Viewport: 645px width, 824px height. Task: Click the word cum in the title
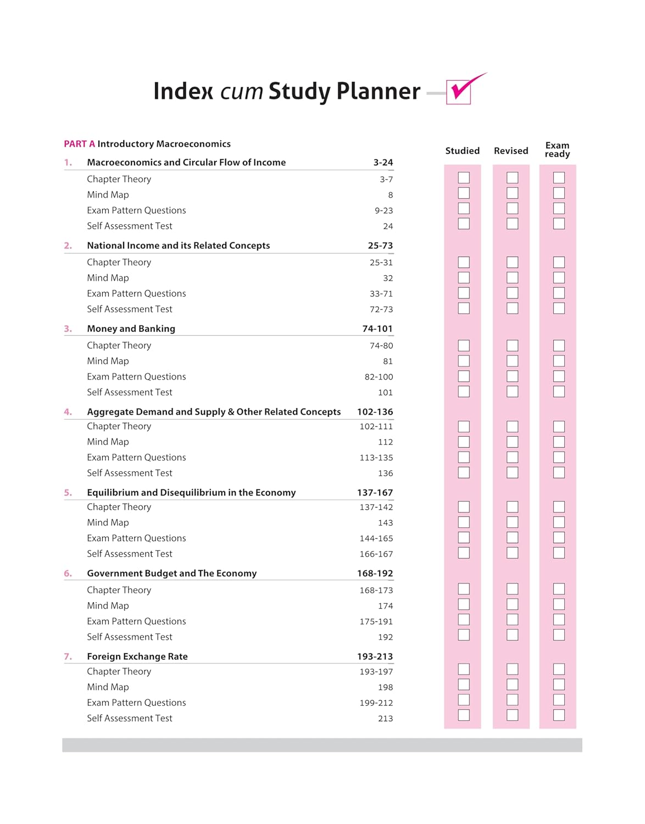241,92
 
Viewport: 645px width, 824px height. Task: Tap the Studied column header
462,151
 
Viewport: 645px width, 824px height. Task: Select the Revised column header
510,151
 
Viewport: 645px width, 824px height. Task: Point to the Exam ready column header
557,149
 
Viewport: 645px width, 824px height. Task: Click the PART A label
79,144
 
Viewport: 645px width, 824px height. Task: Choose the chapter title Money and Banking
131,329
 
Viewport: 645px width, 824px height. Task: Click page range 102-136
375,411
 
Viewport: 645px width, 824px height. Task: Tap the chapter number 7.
68,656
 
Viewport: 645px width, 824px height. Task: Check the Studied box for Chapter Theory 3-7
464,177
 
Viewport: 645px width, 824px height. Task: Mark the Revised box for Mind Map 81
512,361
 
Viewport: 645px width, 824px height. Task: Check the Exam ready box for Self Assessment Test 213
559,715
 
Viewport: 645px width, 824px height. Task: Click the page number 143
385,522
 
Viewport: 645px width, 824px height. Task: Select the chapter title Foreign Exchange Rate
137,656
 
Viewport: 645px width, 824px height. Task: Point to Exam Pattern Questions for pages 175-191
136,621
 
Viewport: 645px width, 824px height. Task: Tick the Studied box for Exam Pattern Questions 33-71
464,293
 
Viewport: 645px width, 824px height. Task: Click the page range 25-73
380,246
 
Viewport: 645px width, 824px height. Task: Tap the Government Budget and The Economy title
171,573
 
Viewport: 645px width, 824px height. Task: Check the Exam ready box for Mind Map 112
559,442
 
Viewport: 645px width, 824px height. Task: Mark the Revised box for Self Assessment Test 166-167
512,553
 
